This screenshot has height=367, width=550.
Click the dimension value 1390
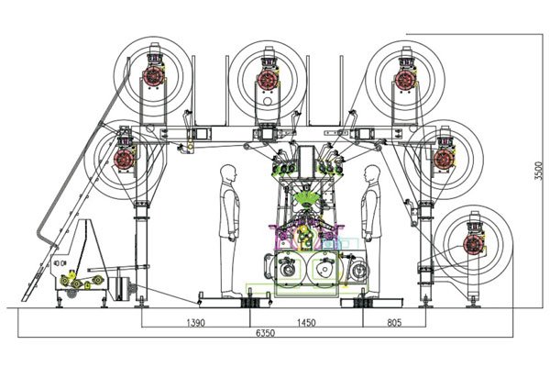[x=195, y=322]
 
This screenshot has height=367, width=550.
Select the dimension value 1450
[x=306, y=322]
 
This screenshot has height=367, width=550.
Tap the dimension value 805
[x=394, y=322]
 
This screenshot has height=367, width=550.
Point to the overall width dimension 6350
[x=265, y=332]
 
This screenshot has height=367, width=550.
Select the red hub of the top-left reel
[x=154, y=76]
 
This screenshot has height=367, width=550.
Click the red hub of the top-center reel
[x=268, y=80]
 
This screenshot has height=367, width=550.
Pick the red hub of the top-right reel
[x=406, y=80]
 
